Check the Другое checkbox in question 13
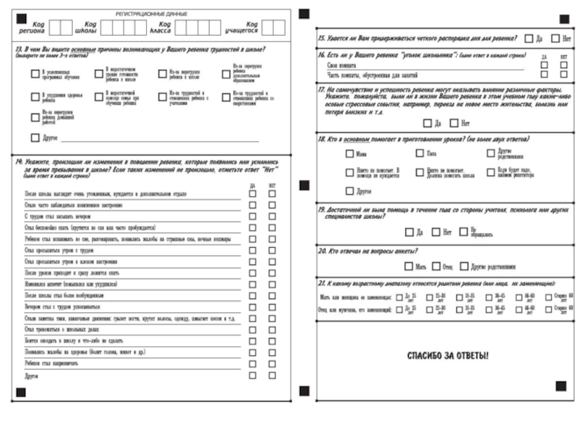tap(35, 137)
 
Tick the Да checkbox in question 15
tap(529, 38)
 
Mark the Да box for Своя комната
tap(544, 65)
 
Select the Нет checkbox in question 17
tap(454, 124)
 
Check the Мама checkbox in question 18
tap(349, 153)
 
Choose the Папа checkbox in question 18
tap(420, 153)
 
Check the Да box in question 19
tap(410, 233)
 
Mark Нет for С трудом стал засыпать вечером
tap(272, 216)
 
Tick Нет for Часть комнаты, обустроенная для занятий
tap(564, 74)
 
